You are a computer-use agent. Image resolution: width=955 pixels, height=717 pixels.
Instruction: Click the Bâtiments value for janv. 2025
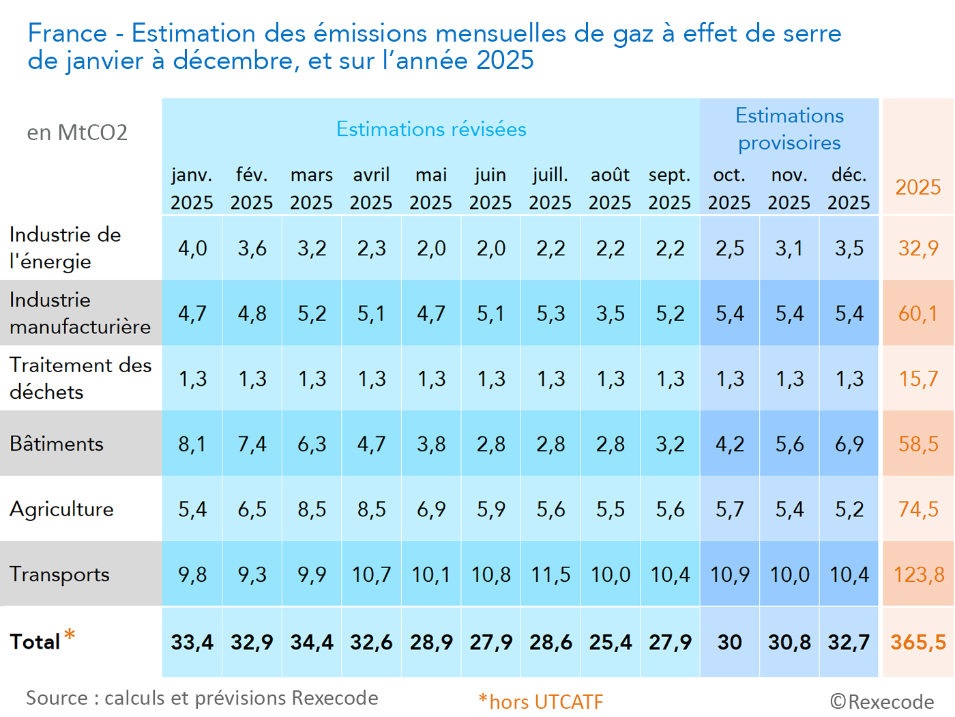pos(192,444)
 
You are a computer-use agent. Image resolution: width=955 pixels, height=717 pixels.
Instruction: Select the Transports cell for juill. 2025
pos(550,574)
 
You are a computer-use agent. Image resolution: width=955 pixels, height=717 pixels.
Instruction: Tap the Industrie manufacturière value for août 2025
pos(610,313)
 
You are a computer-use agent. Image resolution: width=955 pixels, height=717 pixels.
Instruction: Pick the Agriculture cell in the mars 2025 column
pos(312,509)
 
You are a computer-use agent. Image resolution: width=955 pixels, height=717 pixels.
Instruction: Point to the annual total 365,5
pos(918,643)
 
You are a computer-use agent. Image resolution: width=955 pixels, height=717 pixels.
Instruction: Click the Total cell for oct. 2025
pos(729,643)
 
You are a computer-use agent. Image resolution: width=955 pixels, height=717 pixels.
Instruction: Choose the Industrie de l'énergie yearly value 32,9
pos(918,249)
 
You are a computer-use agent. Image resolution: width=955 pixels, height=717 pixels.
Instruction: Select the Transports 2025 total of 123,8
pos(918,574)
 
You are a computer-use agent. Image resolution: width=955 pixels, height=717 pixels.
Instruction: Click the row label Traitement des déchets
pos(80,378)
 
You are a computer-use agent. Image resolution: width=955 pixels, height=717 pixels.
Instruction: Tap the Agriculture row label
pos(61,509)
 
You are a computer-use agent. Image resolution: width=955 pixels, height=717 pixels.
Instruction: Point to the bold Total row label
pos(35,643)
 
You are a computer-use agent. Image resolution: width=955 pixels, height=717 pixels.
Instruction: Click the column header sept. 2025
pos(669,188)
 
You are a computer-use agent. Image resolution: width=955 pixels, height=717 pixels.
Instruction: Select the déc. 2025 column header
pos(849,188)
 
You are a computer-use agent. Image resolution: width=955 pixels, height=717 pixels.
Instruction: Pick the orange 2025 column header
pos(917,187)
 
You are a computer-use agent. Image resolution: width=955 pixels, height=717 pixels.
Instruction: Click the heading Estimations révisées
pos(431,129)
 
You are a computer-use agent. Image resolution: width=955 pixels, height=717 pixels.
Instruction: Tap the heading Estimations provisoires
pos(789,129)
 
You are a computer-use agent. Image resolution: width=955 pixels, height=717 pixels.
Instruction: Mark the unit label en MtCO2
pos(77,132)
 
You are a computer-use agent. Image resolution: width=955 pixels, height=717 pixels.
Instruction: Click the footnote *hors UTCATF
pos(541,701)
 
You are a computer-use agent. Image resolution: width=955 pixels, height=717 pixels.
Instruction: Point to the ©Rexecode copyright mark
pos(881,701)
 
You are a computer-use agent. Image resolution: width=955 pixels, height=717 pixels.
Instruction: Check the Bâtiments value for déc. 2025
pos(849,444)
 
